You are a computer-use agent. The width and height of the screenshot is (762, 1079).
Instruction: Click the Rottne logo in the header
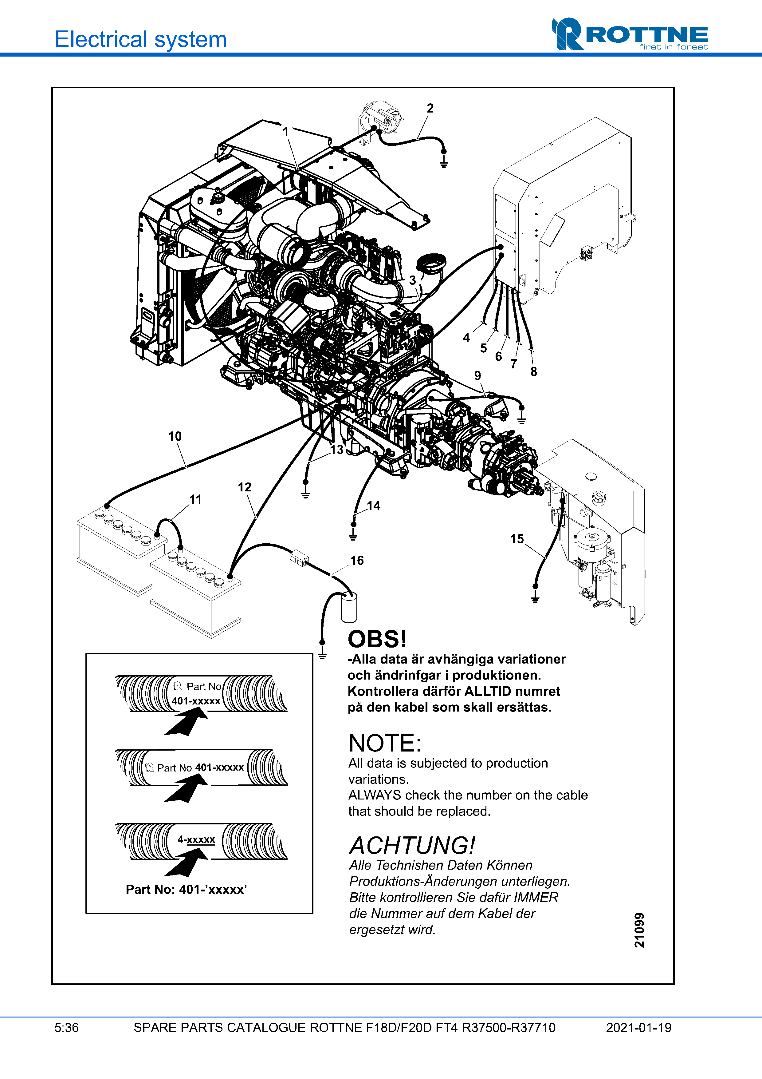click(x=629, y=34)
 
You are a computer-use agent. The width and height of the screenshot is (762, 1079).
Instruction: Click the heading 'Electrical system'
click(x=141, y=39)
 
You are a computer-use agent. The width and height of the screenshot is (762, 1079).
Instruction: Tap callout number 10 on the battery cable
click(x=175, y=437)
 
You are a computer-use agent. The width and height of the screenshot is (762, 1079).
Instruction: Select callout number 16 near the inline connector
click(x=357, y=560)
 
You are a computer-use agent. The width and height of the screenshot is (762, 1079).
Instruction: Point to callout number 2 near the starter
click(x=430, y=109)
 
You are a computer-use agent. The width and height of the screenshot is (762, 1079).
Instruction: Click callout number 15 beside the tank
click(x=517, y=539)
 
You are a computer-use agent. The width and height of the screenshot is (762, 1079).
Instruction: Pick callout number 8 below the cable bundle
click(x=533, y=372)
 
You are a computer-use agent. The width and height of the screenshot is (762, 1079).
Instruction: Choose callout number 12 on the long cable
click(x=245, y=487)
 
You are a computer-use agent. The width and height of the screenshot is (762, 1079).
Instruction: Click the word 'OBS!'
click(x=377, y=640)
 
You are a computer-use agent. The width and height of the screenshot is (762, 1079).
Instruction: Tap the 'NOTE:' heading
click(x=385, y=744)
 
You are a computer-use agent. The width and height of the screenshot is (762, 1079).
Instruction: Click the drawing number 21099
click(x=639, y=930)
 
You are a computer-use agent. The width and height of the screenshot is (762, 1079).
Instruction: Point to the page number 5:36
click(x=67, y=1028)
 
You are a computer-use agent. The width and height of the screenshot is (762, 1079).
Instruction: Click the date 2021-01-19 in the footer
click(x=638, y=1028)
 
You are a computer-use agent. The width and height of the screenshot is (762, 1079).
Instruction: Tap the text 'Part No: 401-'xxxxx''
click(x=187, y=890)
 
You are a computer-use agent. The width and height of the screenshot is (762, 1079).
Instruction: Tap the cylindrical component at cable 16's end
click(x=349, y=607)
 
